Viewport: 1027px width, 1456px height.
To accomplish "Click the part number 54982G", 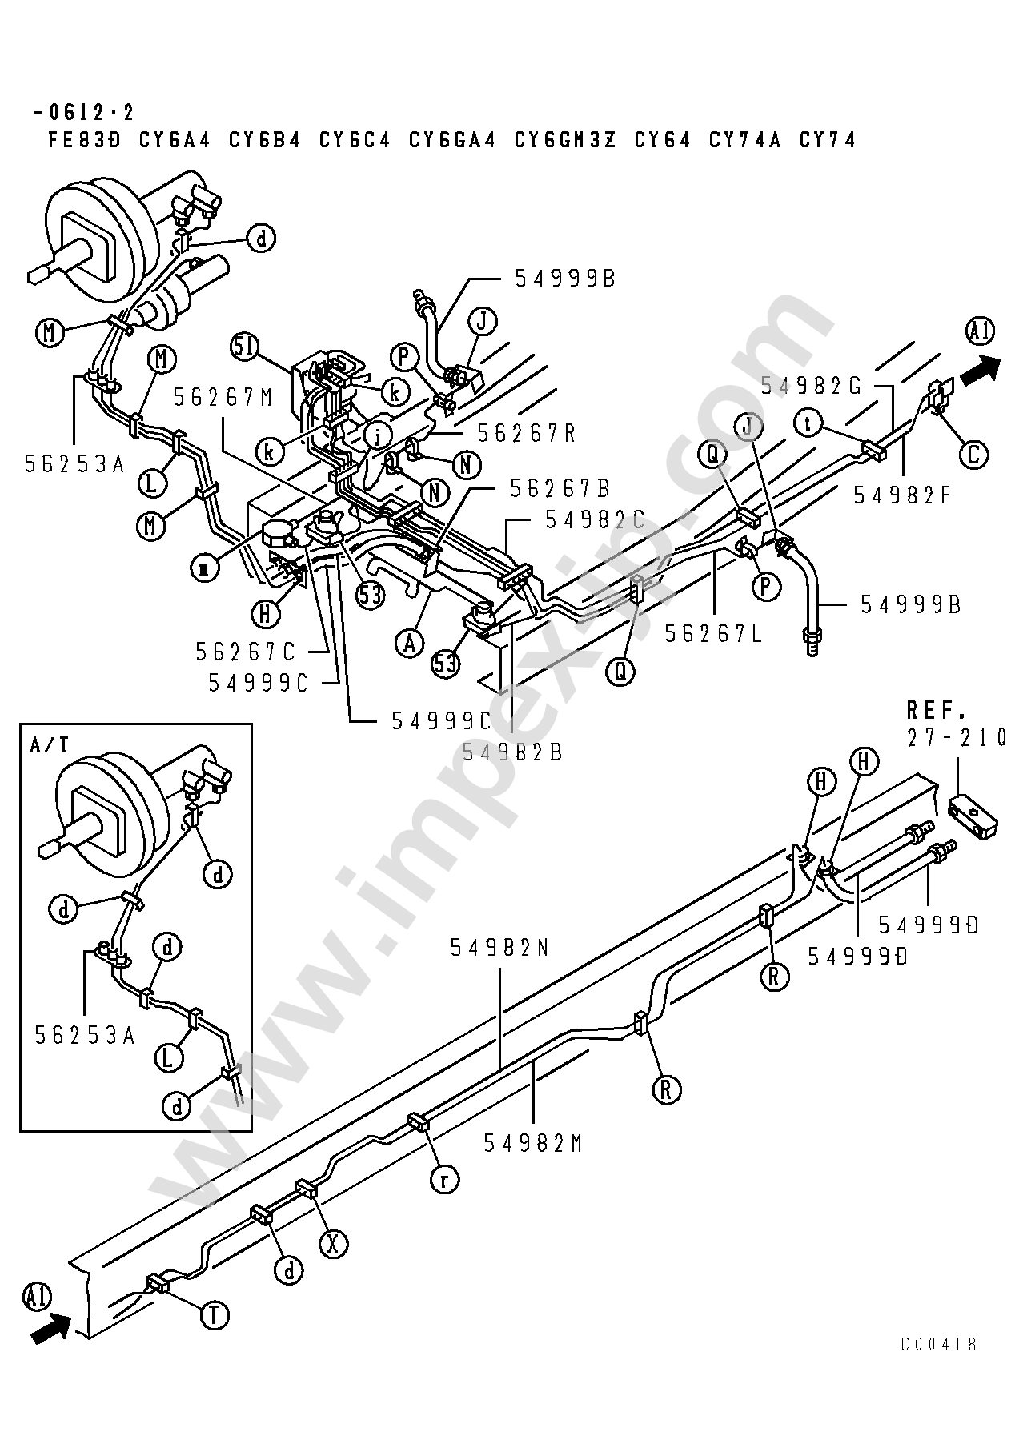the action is pos(811,386).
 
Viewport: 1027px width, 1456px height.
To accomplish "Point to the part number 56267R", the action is pos(528,433).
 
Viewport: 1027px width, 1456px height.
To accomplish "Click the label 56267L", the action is pos(715,634).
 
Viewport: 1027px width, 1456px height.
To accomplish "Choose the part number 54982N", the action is pos(500,948).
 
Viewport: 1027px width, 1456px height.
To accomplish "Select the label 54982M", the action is pos(533,1144).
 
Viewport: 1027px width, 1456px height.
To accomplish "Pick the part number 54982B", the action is pos(513,752).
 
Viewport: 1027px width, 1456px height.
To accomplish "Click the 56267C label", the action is pos(247,652).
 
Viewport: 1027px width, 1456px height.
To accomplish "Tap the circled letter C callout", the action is pos(973,455).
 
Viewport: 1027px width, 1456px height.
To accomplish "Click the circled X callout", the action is pos(334,1243).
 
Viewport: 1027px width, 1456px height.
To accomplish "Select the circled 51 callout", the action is pos(245,347).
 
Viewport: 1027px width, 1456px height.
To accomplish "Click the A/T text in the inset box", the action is pos(50,745).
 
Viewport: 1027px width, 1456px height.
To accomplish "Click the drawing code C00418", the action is pos(938,1344).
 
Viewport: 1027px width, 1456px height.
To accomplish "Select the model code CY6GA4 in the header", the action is pos(453,140).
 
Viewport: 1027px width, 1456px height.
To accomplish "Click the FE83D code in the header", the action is pos(84,140).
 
